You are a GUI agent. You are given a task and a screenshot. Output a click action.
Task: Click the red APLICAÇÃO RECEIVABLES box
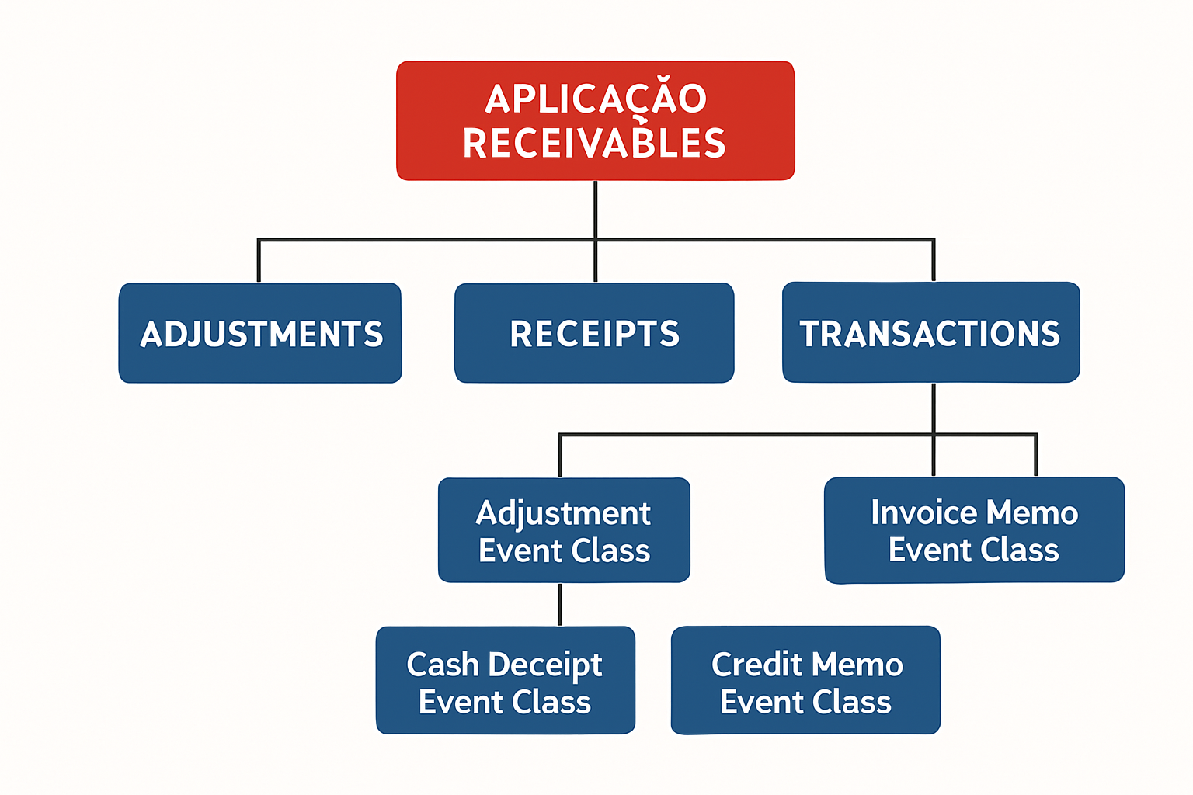pyautogui.click(x=595, y=121)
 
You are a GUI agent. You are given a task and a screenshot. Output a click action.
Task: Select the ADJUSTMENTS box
pyautogui.click(x=260, y=333)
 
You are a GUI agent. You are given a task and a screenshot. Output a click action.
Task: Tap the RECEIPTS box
pyautogui.click(x=594, y=333)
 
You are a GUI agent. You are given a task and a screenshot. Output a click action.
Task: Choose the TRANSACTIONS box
pyautogui.click(x=930, y=333)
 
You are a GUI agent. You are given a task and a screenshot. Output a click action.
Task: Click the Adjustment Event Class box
pyautogui.click(x=564, y=531)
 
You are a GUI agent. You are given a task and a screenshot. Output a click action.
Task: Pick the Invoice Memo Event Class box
pyautogui.click(x=974, y=531)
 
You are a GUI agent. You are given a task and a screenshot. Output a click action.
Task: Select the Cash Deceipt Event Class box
pyautogui.click(x=506, y=681)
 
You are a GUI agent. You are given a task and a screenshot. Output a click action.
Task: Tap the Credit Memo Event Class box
pyautogui.click(x=805, y=681)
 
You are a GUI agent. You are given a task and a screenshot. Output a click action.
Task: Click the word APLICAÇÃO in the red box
pyautogui.click(x=596, y=99)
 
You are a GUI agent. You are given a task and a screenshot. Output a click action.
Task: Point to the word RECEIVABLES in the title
pyautogui.click(x=594, y=144)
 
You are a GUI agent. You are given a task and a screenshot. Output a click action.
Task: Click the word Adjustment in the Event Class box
pyautogui.click(x=564, y=513)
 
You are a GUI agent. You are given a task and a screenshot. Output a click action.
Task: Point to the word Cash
pyautogui.click(x=443, y=665)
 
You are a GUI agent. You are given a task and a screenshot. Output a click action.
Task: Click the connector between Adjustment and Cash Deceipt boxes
pyautogui.click(x=560, y=605)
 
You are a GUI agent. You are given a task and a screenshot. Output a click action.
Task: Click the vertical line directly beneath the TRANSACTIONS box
pyautogui.click(x=934, y=408)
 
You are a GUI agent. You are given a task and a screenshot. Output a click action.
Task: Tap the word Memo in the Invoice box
pyautogui.click(x=1033, y=512)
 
